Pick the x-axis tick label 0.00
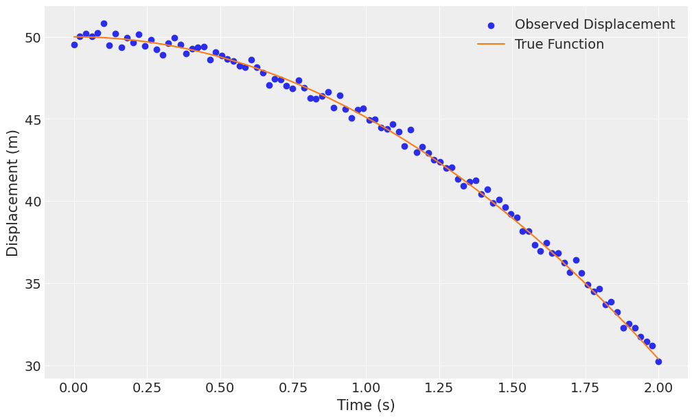pyautogui.click(x=74, y=388)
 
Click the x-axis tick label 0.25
pyautogui.click(x=147, y=388)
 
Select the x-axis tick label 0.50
pyautogui.click(x=220, y=388)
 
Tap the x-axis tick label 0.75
pyautogui.click(x=293, y=388)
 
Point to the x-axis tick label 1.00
pyautogui.click(x=366, y=388)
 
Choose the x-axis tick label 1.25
pyautogui.click(x=439, y=388)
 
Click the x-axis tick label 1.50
pyautogui.click(x=512, y=388)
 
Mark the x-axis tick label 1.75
pyautogui.click(x=585, y=388)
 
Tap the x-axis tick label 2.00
pyautogui.click(x=658, y=388)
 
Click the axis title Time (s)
pyautogui.click(x=366, y=405)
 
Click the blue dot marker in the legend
pyautogui.click(x=491, y=25)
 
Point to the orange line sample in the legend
pyautogui.click(x=491, y=45)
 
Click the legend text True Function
pyautogui.click(x=559, y=45)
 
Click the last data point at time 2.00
pyautogui.click(x=658, y=361)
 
